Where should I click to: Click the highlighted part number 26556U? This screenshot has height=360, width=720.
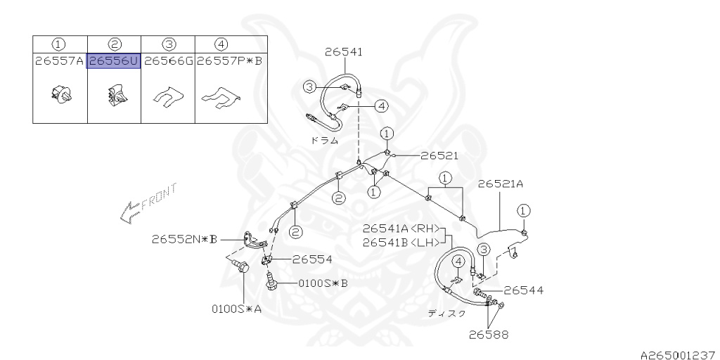point(113,61)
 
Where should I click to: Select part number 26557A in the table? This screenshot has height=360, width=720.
point(60,61)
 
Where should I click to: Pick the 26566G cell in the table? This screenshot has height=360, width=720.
point(168,61)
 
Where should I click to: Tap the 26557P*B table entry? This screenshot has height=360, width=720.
point(229,61)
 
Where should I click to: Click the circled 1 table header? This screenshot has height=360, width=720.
point(60,44)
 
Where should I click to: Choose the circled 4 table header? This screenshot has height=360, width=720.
point(221,44)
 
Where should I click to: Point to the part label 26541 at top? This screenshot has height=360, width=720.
point(344,51)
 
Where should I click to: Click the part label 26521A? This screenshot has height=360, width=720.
point(501,184)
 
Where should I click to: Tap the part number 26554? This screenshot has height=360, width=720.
point(312,259)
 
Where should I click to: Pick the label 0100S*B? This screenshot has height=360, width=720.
point(323,283)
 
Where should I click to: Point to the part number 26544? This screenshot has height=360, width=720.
point(523,289)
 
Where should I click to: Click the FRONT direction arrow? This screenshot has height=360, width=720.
point(148,203)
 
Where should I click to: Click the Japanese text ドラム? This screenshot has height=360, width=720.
point(324,140)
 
